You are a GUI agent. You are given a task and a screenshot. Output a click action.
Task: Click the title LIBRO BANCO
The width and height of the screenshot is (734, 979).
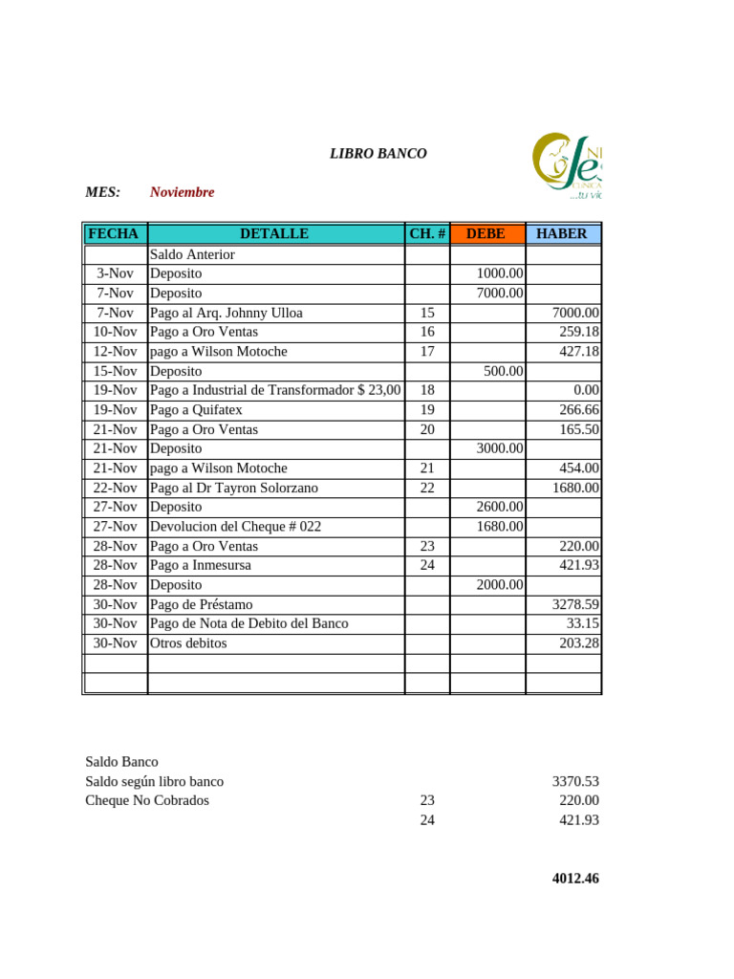pyautogui.click(x=378, y=153)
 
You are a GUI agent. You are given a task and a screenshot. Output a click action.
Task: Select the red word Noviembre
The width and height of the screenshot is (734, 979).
pyautogui.click(x=182, y=192)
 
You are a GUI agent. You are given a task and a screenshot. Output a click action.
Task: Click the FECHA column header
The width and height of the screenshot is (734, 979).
pyautogui.click(x=114, y=233)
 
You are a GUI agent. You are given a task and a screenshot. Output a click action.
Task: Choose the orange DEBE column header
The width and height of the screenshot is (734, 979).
pyautogui.click(x=486, y=233)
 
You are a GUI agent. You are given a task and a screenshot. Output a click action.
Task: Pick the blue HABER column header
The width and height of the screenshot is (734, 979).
pyautogui.click(x=562, y=233)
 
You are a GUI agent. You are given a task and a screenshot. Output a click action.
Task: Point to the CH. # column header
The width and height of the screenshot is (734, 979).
pyautogui.click(x=427, y=233)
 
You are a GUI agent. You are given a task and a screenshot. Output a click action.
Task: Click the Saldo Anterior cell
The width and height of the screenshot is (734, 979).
pyautogui.click(x=192, y=254)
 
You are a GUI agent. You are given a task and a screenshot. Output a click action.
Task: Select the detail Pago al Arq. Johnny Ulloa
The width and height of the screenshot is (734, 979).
pyautogui.click(x=227, y=313)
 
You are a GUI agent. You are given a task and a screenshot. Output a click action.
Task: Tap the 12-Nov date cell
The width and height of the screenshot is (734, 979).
pyautogui.click(x=115, y=352)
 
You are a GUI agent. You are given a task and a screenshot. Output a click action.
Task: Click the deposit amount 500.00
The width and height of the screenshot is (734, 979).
pyautogui.click(x=503, y=371)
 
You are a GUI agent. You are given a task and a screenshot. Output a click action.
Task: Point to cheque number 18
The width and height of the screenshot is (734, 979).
pyautogui.click(x=427, y=390)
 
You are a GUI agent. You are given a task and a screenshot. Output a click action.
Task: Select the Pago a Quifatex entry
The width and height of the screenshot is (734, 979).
pyautogui.click(x=196, y=410)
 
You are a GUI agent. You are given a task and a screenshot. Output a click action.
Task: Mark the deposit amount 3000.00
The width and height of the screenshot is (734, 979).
pyautogui.click(x=499, y=448)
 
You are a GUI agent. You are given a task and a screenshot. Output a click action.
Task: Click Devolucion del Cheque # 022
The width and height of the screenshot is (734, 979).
pyautogui.click(x=235, y=527)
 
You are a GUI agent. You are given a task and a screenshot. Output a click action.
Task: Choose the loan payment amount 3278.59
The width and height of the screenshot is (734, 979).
pyautogui.click(x=575, y=604)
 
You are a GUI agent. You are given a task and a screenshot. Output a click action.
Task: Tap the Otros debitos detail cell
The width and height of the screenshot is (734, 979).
pyautogui.click(x=188, y=643)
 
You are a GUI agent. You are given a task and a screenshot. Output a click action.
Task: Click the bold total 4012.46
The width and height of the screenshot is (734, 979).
pyautogui.click(x=575, y=879)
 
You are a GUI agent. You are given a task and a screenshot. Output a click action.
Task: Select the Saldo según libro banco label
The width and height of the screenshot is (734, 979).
pyautogui.click(x=154, y=781)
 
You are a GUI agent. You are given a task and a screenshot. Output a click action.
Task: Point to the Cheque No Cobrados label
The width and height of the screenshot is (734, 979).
pyautogui.click(x=146, y=800)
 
